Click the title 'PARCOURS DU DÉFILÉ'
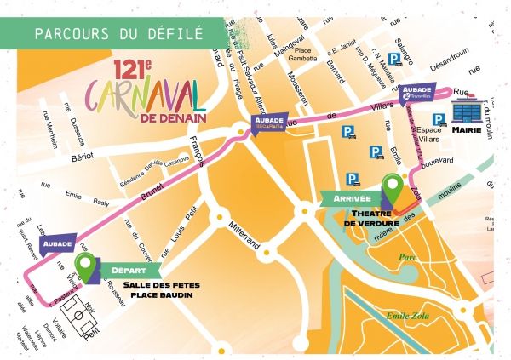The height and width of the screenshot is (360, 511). [x=118, y=34]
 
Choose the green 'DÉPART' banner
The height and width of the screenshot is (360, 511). [x=125, y=271]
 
